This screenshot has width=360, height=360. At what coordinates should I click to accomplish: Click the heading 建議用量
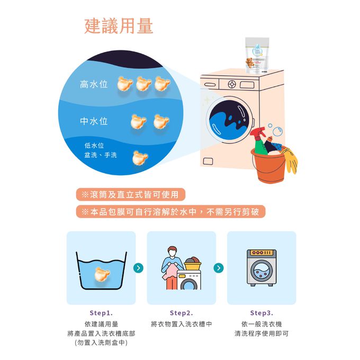click(x=119, y=26)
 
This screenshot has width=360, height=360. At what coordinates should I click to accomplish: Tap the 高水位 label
click(x=94, y=84)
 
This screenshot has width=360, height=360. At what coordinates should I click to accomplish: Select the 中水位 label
click(x=94, y=121)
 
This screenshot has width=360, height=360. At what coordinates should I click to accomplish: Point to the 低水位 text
click(x=94, y=146)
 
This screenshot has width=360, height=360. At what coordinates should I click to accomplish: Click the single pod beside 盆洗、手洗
click(x=140, y=158)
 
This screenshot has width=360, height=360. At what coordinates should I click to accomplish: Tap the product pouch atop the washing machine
click(x=257, y=56)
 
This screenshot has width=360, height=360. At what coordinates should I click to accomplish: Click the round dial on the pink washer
click(x=232, y=84)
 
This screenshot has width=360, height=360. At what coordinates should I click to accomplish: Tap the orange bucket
click(x=269, y=166)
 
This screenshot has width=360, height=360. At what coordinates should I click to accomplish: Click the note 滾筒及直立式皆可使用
click(x=130, y=194)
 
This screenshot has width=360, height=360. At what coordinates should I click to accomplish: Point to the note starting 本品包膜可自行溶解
click(x=170, y=211)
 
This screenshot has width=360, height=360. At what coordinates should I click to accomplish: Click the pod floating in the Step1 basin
click(x=102, y=274)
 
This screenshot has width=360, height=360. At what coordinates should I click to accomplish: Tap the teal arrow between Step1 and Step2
click(x=138, y=268)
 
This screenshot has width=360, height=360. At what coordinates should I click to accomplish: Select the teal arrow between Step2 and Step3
click(x=219, y=268)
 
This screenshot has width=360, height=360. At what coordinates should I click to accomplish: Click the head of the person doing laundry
click(x=172, y=252)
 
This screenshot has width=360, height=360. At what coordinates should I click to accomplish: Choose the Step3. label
click(x=262, y=313)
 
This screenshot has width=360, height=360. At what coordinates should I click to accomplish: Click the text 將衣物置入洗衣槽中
click(x=182, y=324)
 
